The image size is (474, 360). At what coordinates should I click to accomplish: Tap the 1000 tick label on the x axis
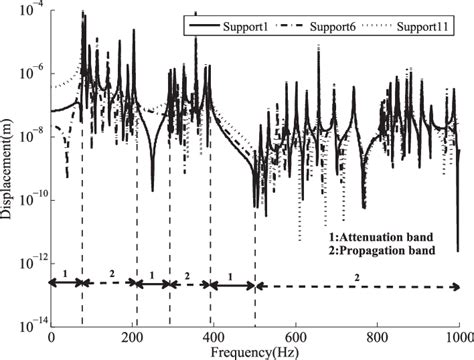(457, 338)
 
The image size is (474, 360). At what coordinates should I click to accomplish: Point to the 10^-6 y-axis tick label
(34, 73)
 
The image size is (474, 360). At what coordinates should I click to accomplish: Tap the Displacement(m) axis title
(9, 165)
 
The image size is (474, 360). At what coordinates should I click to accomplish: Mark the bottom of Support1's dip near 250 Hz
(153, 190)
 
